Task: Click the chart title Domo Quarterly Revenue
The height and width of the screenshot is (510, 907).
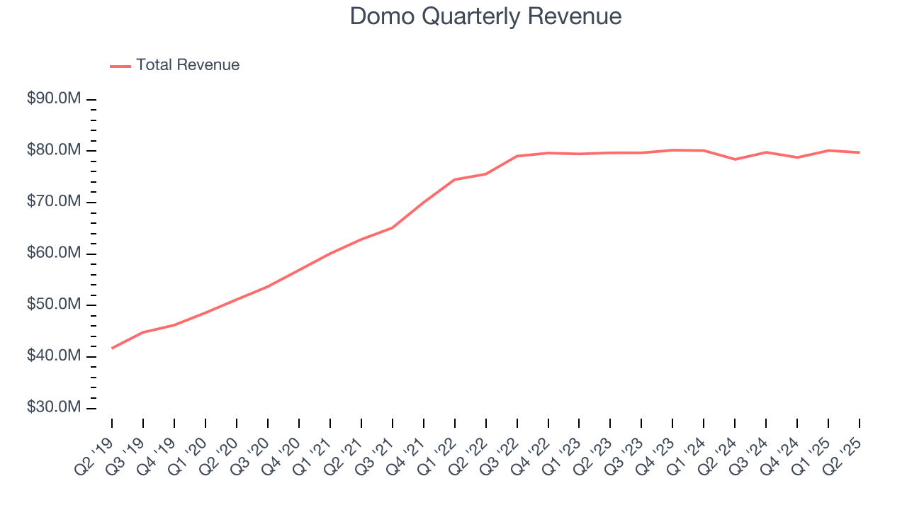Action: tap(486, 16)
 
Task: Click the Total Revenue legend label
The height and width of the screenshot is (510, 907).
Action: tap(188, 65)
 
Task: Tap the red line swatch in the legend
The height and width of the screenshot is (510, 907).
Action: tap(120, 66)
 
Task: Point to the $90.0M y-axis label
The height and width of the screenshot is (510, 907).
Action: tap(53, 98)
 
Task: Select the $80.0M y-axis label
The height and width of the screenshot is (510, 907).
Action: tap(53, 150)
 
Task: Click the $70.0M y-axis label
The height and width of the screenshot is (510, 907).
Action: tap(53, 202)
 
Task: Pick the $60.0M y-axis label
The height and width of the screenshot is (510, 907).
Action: tap(53, 254)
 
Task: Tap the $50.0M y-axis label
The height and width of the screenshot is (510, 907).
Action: tap(53, 305)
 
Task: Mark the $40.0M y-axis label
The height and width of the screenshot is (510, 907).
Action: tap(53, 356)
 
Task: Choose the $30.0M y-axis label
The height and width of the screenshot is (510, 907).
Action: tap(53, 408)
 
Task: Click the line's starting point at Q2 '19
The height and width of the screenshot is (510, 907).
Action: tap(112, 348)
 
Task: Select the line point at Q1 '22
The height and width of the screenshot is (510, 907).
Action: tap(455, 179)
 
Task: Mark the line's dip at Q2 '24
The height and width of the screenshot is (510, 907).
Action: tap(736, 159)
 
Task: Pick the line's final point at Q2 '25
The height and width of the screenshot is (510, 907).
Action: tap(860, 152)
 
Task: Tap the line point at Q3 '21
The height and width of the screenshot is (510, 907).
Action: tap(393, 227)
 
